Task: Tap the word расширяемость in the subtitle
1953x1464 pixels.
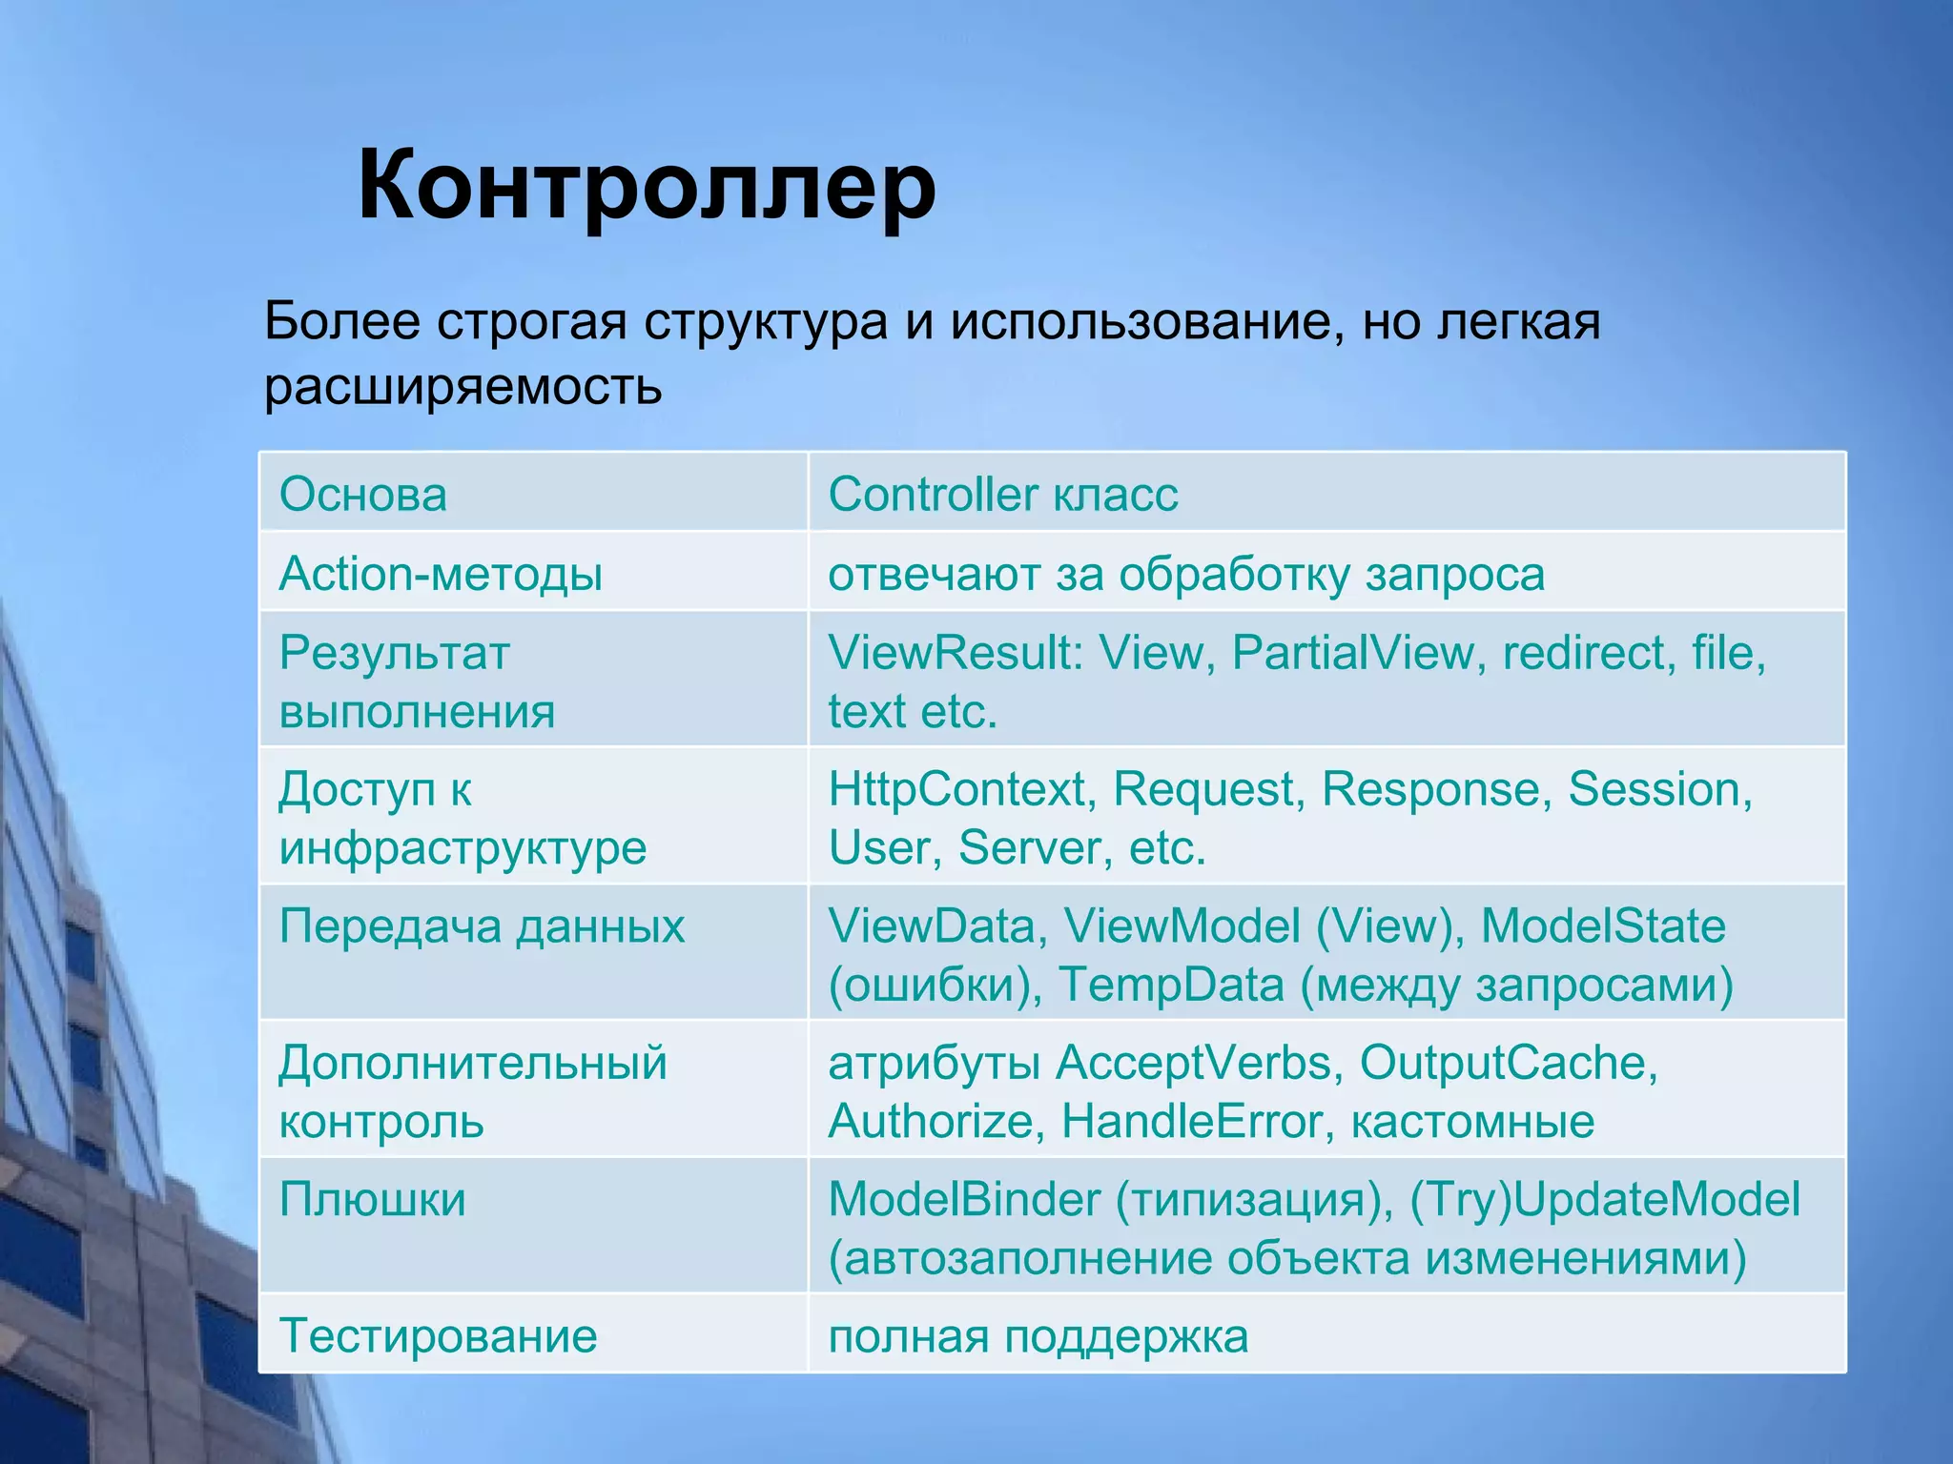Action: pyautogui.click(x=463, y=387)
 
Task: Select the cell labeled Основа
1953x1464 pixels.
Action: pyautogui.click(x=363, y=495)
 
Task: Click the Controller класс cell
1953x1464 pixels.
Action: pyautogui.click(x=1002, y=495)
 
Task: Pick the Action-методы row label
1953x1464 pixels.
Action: pyautogui.click(x=441, y=574)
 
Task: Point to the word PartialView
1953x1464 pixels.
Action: pyautogui.click(x=1352, y=653)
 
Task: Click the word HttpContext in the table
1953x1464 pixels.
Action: pyautogui.click(x=956, y=789)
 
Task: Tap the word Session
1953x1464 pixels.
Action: pyautogui.click(x=1658, y=789)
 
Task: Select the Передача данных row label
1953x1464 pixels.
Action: pyautogui.click(x=482, y=925)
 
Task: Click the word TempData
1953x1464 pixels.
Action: pyautogui.click(x=1171, y=985)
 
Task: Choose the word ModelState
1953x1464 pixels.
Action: pyautogui.click(x=1602, y=925)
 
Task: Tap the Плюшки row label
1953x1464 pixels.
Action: pyautogui.click(x=372, y=1199)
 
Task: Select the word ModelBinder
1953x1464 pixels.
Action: pyautogui.click(x=964, y=1199)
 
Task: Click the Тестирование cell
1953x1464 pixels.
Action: pyautogui.click(x=438, y=1335)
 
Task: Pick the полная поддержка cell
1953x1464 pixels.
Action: pyautogui.click(x=1038, y=1335)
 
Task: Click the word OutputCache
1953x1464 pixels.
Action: pyautogui.click(x=1508, y=1063)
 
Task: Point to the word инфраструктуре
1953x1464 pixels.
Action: pyautogui.click(x=463, y=847)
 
